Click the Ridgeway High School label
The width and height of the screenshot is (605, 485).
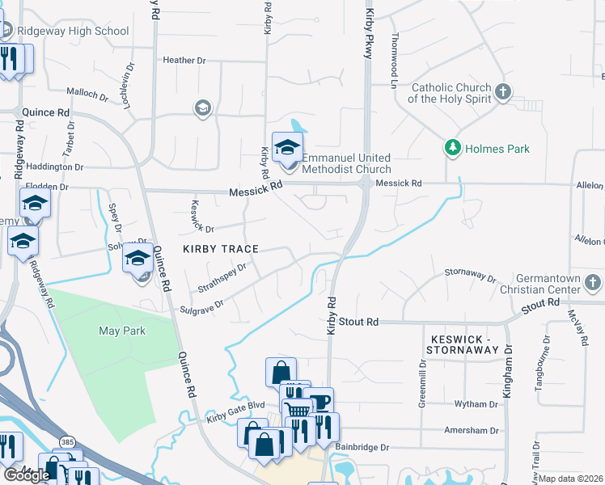click(x=78, y=32)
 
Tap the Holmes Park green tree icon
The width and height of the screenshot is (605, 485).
click(x=452, y=149)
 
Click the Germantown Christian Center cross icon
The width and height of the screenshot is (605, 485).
click(x=593, y=283)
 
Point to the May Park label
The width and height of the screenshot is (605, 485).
click(x=120, y=331)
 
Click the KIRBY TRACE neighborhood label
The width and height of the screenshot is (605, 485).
click(x=220, y=249)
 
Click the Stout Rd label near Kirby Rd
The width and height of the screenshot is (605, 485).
click(x=358, y=322)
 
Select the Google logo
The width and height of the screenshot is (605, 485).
click(x=27, y=475)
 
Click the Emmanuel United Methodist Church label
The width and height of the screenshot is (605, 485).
click(x=346, y=163)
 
